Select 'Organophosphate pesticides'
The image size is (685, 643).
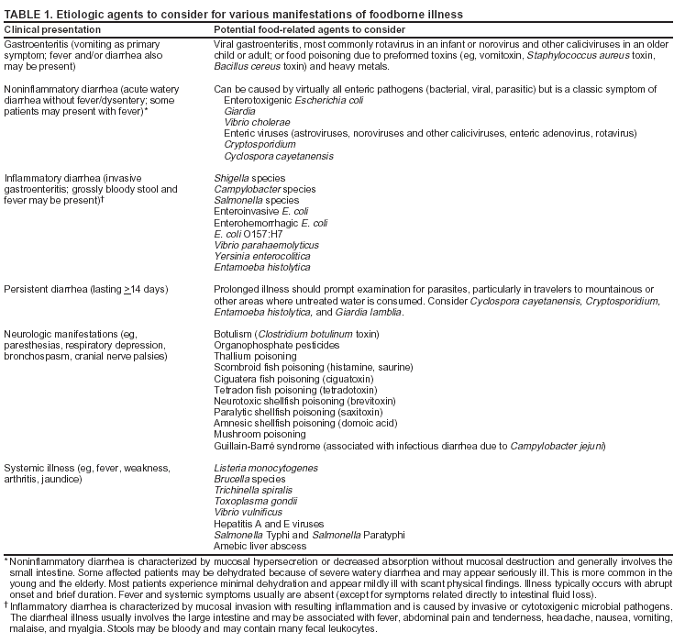point(279,345)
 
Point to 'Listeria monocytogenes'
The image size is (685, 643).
point(267,468)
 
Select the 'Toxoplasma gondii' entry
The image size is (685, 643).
point(258,501)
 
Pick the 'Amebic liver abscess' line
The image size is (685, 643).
point(260,546)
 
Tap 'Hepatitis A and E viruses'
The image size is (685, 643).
point(271,523)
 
